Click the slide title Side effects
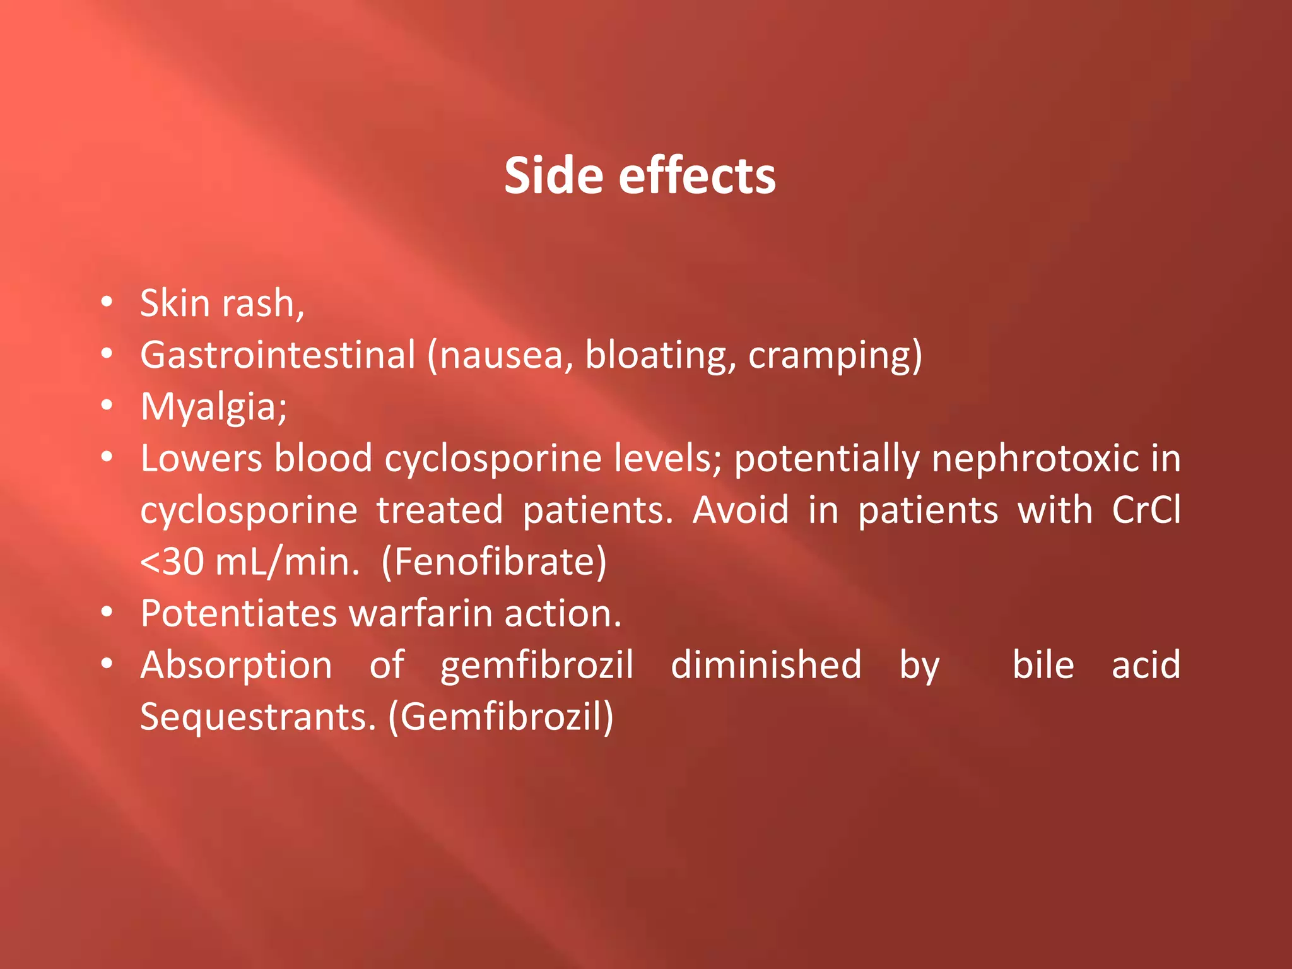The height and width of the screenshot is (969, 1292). (x=640, y=176)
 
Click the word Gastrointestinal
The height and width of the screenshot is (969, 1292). (x=278, y=355)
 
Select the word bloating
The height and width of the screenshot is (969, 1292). (x=660, y=355)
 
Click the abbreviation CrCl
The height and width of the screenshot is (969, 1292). (x=1146, y=510)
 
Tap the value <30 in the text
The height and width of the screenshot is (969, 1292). (x=172, y=561)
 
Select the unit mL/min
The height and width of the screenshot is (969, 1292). (x=287, y=561)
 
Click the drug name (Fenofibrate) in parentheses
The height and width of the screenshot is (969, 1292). (x=494, y=561)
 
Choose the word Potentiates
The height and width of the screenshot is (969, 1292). (x=238, y=613)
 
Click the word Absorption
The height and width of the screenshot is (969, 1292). (x=236, y=665)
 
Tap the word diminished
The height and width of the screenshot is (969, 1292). (x=766, y=665)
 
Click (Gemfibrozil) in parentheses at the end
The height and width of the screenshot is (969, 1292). (x=500, y=717)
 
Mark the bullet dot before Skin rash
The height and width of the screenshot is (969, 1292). (x=107, y=303)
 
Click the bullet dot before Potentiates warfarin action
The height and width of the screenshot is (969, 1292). (x=107, y=613)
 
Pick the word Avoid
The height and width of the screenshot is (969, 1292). (x=740, y=510)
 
